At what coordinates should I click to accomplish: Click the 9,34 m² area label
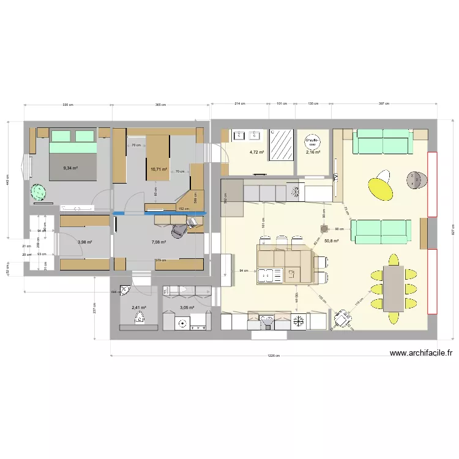point(71,167)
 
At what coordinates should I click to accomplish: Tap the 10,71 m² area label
point(159,169)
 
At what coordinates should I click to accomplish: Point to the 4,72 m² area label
point(256,152)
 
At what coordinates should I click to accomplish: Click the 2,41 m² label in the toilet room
point(139,308)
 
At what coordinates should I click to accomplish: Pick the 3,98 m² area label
point(85,242)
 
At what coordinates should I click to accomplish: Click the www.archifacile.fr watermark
point(420,353)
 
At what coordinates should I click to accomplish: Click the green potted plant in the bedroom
point(39,192)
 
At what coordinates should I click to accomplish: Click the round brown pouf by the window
point(418,179)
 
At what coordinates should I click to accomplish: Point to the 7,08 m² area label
point(159,242)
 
